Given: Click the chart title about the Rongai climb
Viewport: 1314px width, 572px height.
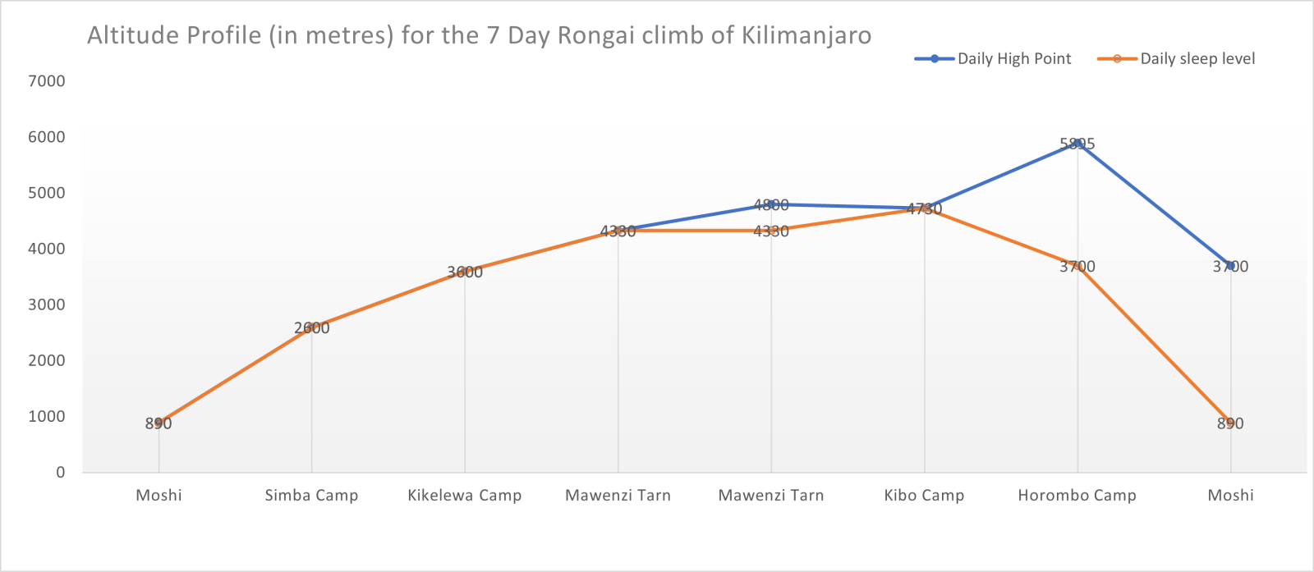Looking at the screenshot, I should (x=479, y=36).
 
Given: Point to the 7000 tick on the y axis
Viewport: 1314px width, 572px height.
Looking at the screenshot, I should (x=46, y=81).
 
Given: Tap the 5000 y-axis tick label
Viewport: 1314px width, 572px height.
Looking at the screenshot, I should (x=46, y=193).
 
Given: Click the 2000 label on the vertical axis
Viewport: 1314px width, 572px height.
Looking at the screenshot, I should (x=46, y=360).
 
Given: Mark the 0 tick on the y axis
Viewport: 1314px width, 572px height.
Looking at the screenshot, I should (x=61, y=472).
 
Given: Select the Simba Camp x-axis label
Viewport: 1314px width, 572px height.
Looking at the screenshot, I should (x=311, y=496).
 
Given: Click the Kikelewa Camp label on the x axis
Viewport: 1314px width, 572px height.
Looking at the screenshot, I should (x=465, y=496).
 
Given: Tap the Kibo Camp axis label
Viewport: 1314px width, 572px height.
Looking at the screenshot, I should (x=924, y=496).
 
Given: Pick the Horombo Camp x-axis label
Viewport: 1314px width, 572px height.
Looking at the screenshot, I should (x=1077, y=496).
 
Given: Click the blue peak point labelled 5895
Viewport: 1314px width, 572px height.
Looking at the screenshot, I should (x=1077, y=144).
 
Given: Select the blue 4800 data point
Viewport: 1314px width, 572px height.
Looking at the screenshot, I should (x=771, y=204).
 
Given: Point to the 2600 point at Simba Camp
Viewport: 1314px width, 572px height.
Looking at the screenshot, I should (x=312, y=327).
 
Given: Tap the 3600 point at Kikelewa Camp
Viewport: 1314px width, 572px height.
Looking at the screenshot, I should (x=465, y=272).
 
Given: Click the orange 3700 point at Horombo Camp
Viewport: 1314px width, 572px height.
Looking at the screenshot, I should (x=1077, y=266).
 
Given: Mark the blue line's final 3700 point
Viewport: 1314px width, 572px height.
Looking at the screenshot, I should (x=1230, y=266).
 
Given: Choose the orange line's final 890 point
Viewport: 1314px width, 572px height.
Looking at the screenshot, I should (x=1230, y=423).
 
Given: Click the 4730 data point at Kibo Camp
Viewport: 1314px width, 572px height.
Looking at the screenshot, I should (x=925, y=208).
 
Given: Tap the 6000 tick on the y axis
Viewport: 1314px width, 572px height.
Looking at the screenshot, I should (x=46, y=137).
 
